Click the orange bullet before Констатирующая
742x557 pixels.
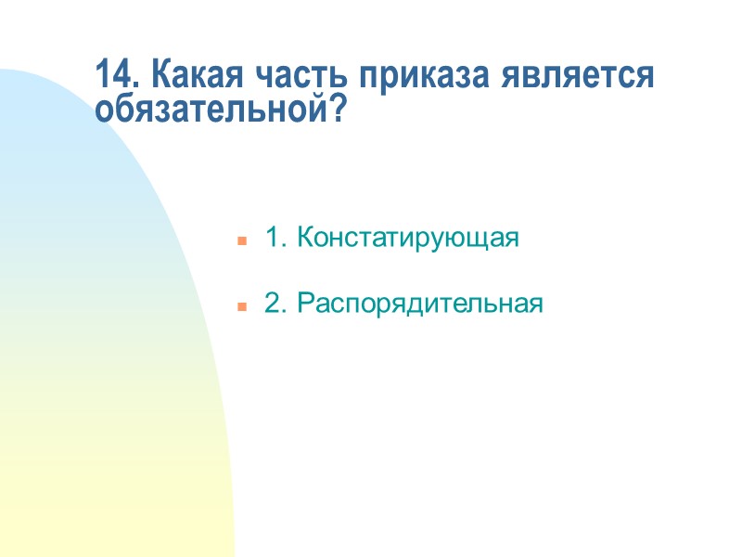click(x=241, y=240)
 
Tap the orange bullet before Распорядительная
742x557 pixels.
click(x=241, y=306)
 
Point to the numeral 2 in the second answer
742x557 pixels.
click(x=273, y=304)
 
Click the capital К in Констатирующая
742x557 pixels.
click(x=304, y=239)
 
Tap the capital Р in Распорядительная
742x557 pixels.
click(x=304, y=304)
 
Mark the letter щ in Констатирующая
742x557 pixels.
click(x=479, y=240)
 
